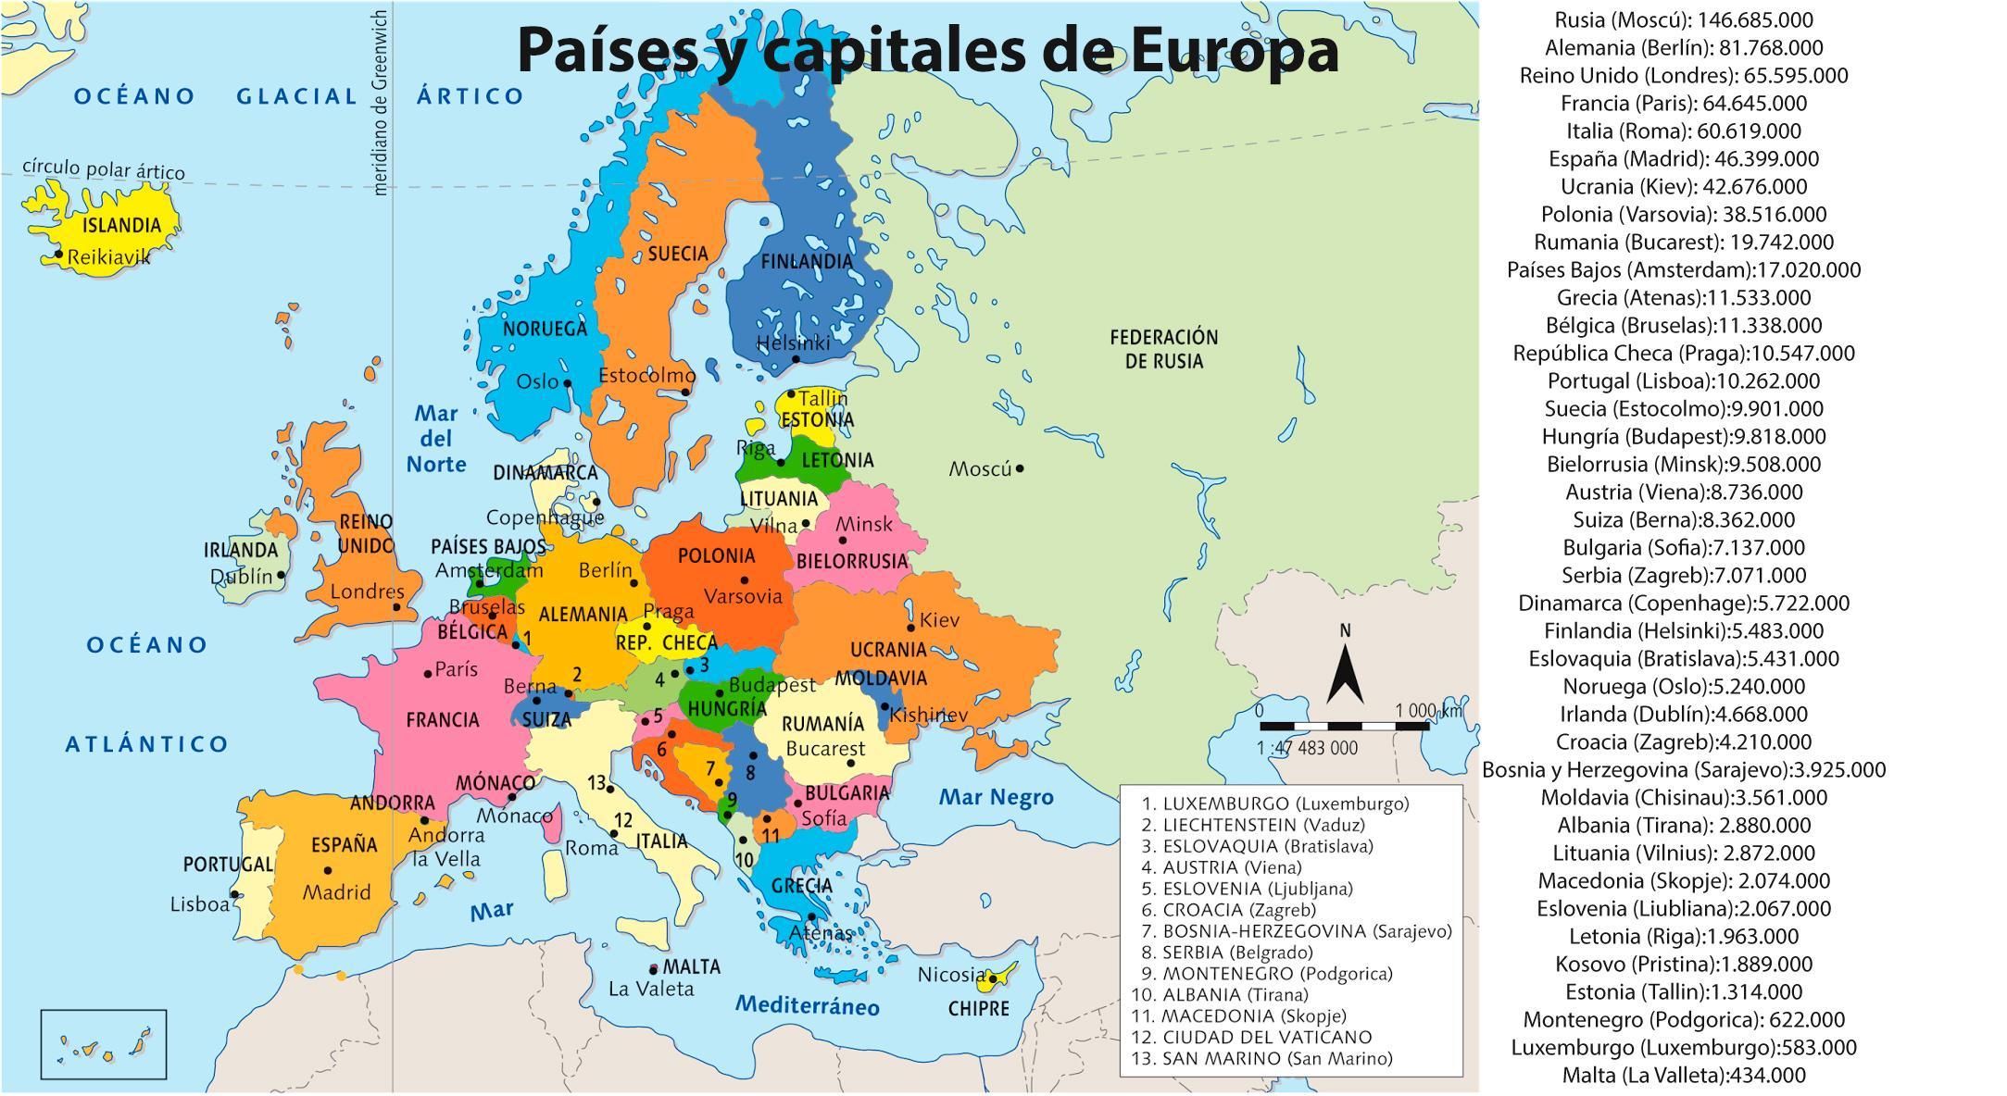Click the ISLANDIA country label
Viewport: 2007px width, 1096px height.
121,225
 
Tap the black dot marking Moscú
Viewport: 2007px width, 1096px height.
1020,468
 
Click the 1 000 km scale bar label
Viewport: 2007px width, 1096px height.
1426,711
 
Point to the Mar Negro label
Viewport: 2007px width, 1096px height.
996,797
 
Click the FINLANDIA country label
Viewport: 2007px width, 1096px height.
806,262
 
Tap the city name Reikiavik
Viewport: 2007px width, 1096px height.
108,257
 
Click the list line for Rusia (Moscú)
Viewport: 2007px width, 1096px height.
1683,19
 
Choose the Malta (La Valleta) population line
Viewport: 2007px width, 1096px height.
1683,1075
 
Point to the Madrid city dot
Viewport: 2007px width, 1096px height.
328,870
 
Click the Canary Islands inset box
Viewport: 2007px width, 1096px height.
104,1044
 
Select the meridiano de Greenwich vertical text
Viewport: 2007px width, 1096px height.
379,102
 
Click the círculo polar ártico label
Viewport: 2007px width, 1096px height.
104,170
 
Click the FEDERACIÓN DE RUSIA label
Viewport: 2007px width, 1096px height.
1163,349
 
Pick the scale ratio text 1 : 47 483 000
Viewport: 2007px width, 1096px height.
1307,748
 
